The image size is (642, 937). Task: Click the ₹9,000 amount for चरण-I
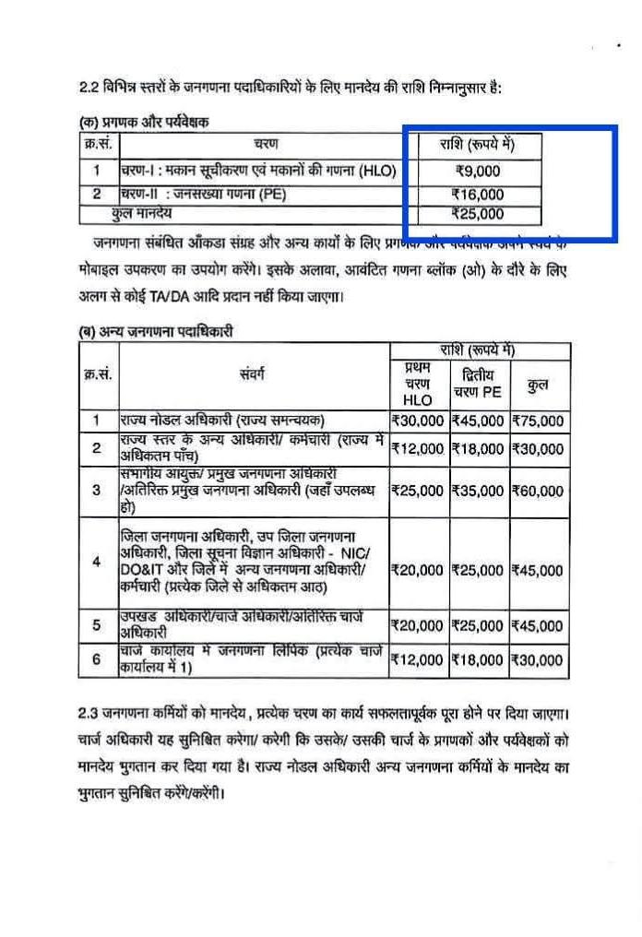pos(478,171)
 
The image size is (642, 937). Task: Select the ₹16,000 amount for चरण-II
pos(478,195)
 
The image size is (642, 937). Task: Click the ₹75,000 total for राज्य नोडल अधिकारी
pos(538,421)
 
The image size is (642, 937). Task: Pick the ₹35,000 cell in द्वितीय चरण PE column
pos(478,490)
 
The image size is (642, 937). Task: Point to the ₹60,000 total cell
pos(538,490)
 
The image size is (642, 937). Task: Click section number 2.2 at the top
pos(90,88)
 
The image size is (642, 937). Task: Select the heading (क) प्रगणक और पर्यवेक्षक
pos(143,122)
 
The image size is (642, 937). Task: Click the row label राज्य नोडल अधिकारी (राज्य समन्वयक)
pos(221,421)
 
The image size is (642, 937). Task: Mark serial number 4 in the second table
pos(96,562)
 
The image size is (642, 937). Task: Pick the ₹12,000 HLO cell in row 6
pos(417,659)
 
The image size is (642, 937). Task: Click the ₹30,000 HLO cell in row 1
pos(417,421)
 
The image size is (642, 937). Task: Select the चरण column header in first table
pos(266,145)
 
